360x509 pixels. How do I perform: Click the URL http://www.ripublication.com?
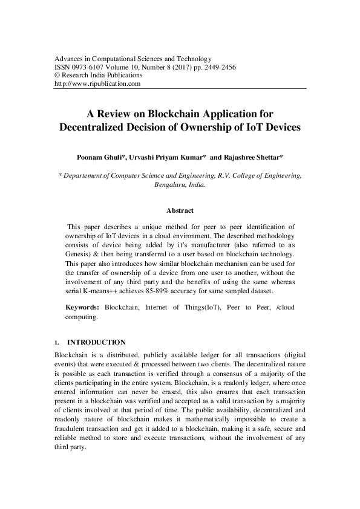[x=97, y=84]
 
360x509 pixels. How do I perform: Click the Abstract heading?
[x=180, y=210]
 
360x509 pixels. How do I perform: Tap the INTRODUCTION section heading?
[x=96, y=342]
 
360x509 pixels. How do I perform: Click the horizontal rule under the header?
[x=180, y=89]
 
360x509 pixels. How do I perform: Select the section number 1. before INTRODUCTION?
[x=57, y=342]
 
